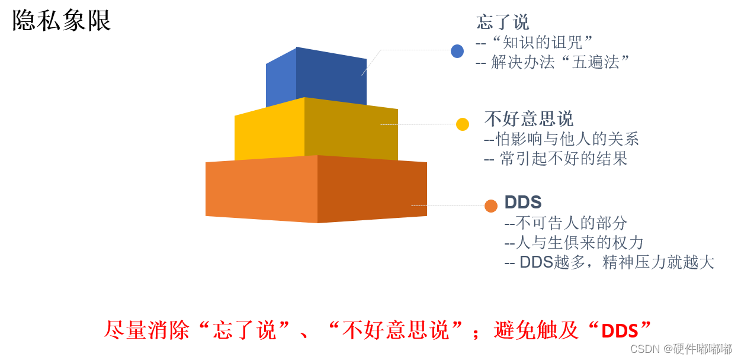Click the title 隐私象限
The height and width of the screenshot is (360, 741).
point(62,21)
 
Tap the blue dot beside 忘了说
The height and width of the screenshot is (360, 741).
point(457,52)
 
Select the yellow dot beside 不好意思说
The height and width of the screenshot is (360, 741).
point(463,124)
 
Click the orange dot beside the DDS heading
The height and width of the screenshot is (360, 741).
point(491,206)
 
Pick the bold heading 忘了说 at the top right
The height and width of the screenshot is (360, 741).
point(503,22)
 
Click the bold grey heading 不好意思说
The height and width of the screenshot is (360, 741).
point(529,119)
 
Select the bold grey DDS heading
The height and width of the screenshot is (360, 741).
point(523,202)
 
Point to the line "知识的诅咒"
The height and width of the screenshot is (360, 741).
point(535,42)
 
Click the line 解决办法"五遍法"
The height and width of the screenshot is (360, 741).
point(553,62)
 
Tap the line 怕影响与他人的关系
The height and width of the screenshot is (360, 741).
point(562,139)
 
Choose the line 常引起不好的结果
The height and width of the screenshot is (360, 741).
point(556,159)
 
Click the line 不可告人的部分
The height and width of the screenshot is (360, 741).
point(566,223)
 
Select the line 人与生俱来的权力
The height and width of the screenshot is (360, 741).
point(574,243)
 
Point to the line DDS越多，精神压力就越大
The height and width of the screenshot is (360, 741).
point(610,262)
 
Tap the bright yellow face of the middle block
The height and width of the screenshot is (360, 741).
point(270,133)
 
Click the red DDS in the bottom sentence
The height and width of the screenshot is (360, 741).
point(620,331)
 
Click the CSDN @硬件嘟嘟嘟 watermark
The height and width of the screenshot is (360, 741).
point(681,349)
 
